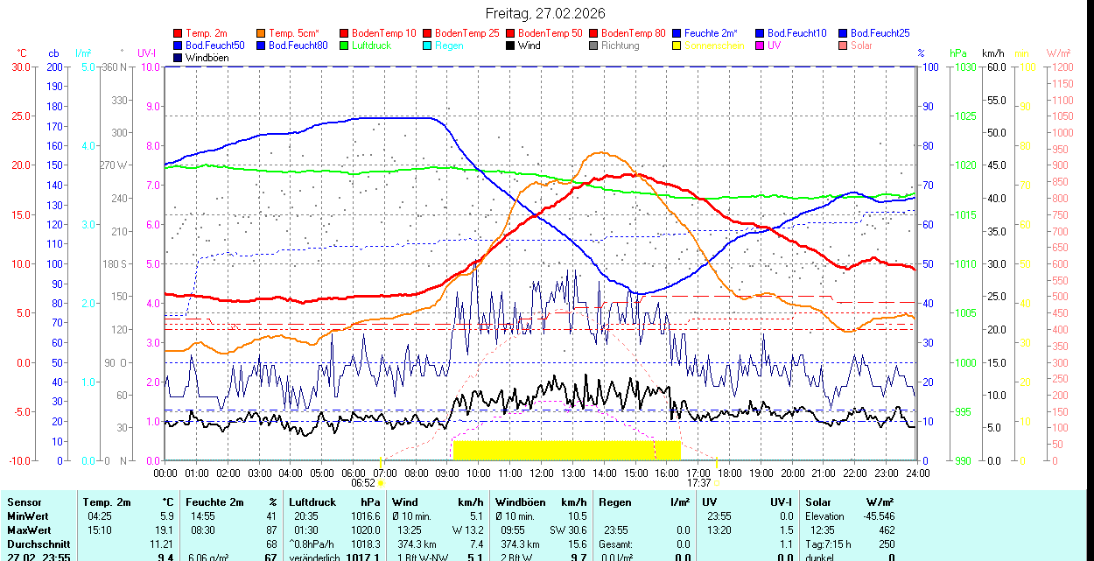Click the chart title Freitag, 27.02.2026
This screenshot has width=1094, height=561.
[545, 13]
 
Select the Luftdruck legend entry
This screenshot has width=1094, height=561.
[365, 46]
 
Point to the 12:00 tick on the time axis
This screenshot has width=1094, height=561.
[542, 473]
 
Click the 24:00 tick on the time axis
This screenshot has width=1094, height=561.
[917, 473]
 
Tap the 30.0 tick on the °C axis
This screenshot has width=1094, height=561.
[20, 67]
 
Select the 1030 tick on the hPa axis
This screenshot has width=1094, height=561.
[964, 67]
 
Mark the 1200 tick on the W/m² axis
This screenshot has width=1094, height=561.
[1061, 67]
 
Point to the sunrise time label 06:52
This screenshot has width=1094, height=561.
[363, 482]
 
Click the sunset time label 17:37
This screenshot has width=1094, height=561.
[698, 482]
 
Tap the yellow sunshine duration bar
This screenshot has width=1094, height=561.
[566, 450]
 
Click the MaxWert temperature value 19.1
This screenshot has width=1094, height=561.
[165, 530]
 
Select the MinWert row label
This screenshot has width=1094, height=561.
[28, 516]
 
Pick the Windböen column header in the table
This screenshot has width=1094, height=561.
[520, 502]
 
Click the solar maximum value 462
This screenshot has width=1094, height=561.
[886, 530]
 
